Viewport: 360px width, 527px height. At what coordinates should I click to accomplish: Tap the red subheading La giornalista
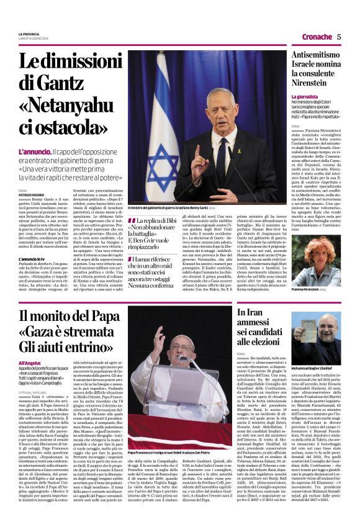(305, 97)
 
